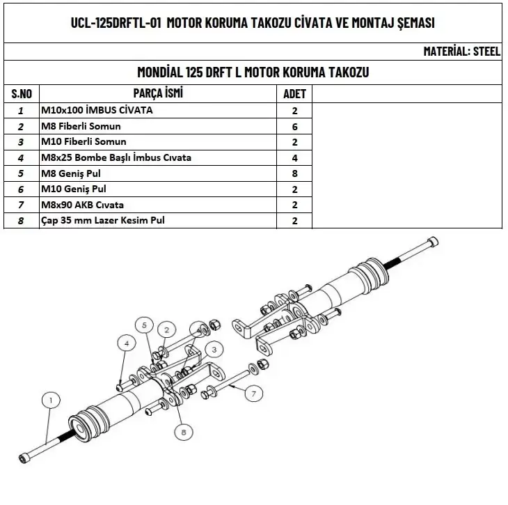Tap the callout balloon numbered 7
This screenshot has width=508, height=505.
click(253, 394)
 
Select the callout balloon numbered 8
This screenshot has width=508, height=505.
click(184, 432)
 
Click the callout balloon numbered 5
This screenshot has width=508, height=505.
click(144, 325)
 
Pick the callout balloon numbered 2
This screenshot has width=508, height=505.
click(166, 329)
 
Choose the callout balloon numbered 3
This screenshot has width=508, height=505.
click(215, 348)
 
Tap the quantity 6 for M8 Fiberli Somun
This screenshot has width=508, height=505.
click(294, 126)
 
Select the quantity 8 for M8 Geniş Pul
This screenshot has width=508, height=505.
click(294, 173)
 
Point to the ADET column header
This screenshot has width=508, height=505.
click(294, 94)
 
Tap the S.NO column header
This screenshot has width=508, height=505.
click(22, 94)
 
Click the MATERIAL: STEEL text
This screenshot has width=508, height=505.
click(461, 52)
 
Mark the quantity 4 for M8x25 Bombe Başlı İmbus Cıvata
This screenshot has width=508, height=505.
click(294, 157)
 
